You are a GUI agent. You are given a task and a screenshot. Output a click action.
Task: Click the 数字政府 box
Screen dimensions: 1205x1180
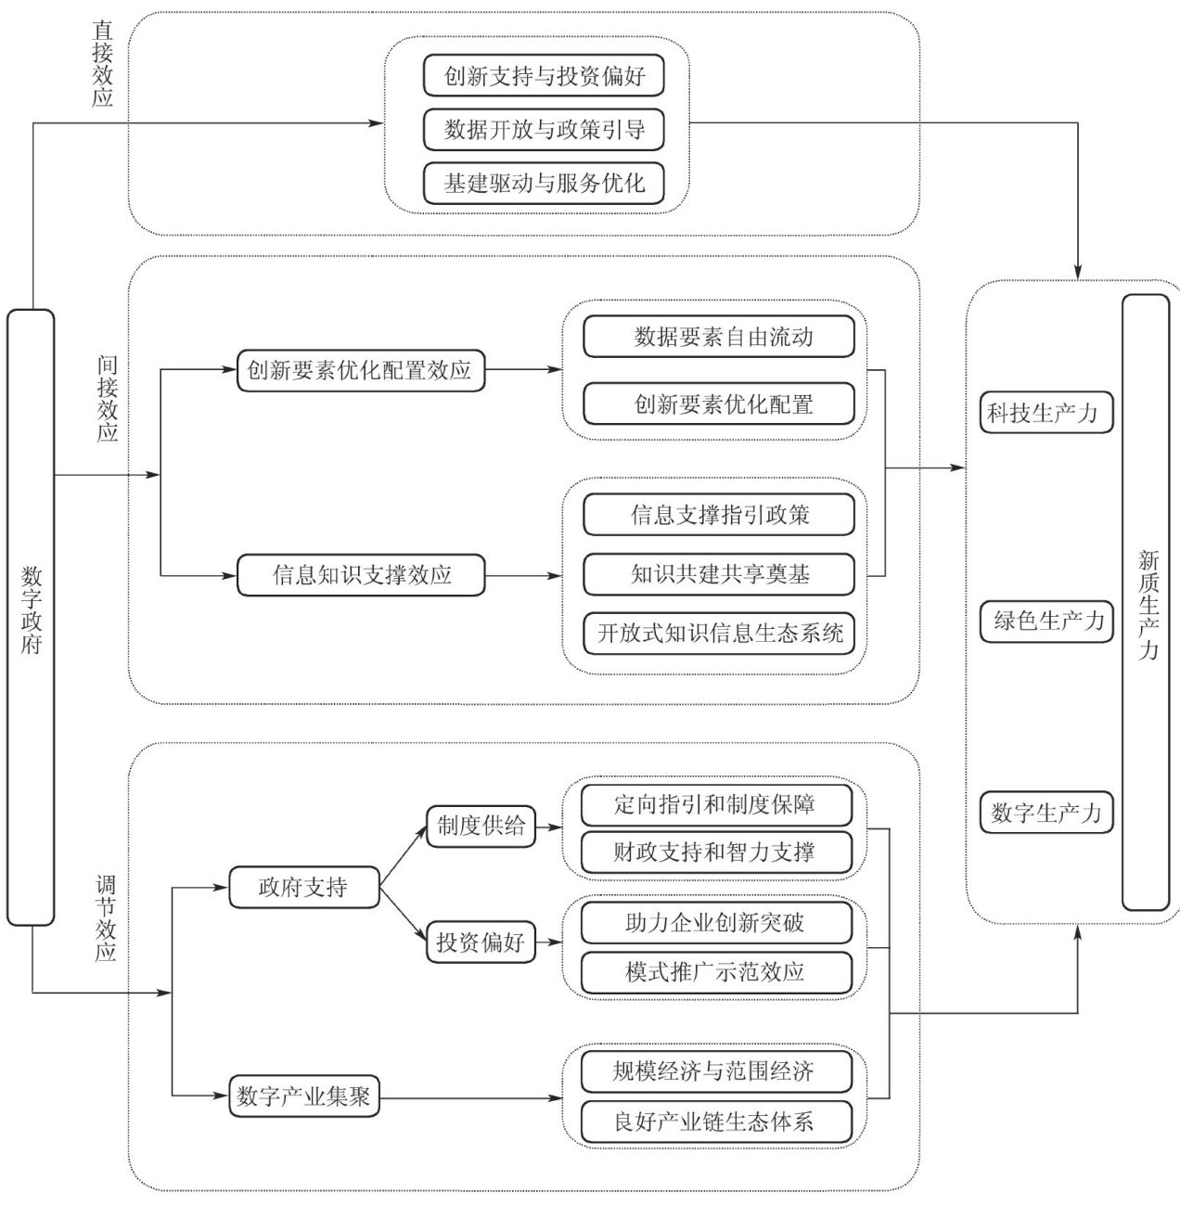[31, 617]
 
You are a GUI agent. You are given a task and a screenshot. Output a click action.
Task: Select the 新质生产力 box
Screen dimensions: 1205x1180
[1146, 603]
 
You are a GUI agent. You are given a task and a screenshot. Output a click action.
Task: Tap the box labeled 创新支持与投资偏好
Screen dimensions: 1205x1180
[544, 75]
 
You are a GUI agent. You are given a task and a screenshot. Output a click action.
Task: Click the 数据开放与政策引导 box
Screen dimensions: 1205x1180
[544, 129]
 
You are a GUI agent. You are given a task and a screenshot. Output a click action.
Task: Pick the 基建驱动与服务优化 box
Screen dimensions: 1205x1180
[544, 183]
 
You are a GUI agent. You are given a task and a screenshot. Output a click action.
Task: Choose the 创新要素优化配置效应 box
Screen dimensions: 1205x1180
[360, 370]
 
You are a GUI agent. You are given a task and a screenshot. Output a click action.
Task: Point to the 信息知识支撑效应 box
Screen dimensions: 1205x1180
[360, 575]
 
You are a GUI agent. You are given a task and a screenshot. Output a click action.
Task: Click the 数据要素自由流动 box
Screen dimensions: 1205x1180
[718, 337]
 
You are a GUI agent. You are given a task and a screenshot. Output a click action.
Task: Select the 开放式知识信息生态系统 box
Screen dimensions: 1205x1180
[718, 634]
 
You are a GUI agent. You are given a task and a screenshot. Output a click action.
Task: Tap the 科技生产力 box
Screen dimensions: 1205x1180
[1045, 413]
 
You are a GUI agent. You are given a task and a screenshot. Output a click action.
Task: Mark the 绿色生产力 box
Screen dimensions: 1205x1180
[1046, 621]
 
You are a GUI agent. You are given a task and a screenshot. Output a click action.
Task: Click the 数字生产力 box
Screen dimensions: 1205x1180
[1045, 813]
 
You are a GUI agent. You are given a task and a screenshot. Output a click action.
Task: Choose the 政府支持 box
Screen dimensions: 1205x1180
[303, 888]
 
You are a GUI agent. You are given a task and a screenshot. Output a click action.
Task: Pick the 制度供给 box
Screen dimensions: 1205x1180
[481, 826]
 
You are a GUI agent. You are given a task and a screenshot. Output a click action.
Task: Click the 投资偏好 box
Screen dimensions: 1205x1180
[481, 943]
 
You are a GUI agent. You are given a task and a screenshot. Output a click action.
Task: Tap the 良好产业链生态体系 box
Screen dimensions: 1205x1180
[715, 1122]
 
